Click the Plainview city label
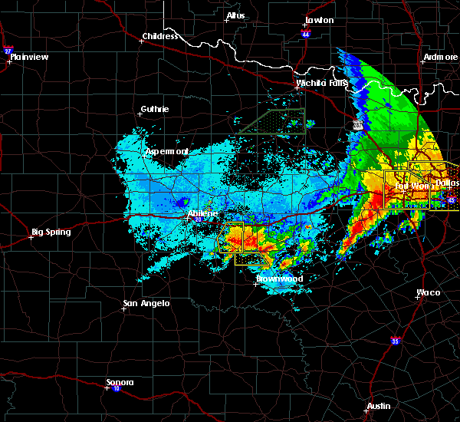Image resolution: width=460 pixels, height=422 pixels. (28, 57)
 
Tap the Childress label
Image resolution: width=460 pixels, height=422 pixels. (159, 36)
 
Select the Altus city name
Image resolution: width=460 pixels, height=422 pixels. (236, 15)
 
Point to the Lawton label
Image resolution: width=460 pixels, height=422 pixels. (319, 20)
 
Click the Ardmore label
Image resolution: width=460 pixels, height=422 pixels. (440, 58)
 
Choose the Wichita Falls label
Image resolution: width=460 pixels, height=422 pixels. (322, 83)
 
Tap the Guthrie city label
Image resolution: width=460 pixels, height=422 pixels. (155, 109)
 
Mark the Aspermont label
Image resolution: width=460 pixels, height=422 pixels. (167, 152)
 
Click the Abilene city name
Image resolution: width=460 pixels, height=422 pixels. (203, 213)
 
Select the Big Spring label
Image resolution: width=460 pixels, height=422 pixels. (51, 232)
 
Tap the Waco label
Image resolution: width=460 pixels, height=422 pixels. (428, 292)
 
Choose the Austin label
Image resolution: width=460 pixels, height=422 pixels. (378, 406)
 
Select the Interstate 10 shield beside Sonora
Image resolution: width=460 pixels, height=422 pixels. (106, 389)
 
